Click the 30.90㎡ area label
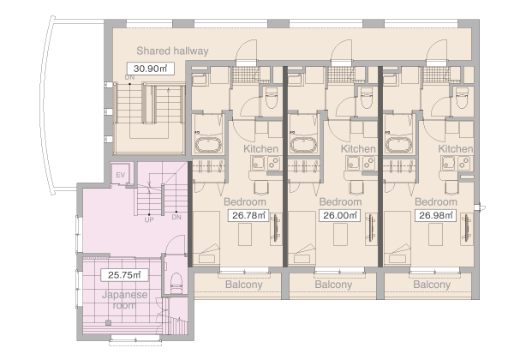tap(151, 69)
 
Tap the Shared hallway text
tap(172, 51)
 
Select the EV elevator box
tap(120, 175)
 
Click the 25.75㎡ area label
tap(124, 275)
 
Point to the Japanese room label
tap(124, 300)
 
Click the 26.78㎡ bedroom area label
tap(248, 215)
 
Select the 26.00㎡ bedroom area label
tap(339, 215)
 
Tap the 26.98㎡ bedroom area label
tap(435, 215)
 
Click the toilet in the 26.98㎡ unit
tap(463, 98)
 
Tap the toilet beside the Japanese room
tap(176, 283)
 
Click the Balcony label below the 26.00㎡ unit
tap(333, 285)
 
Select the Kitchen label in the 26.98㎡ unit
tap(456, 149)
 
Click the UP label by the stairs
tap(149, 219)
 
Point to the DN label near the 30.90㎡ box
tap(130, 78)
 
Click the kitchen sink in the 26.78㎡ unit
tap(258, 163)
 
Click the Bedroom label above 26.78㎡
tap(245, 202)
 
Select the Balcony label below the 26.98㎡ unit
tap(432, 285)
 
